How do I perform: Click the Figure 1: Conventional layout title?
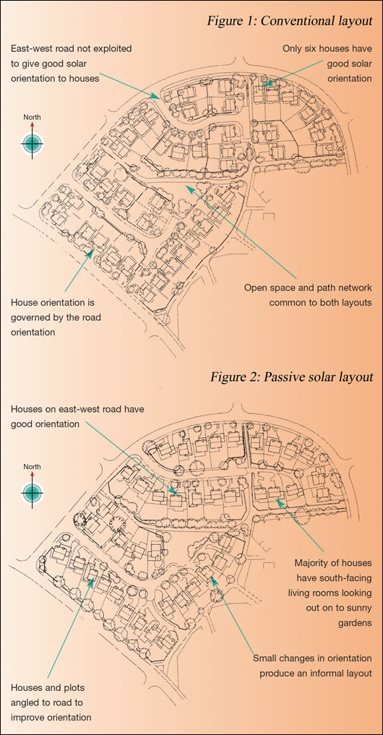click(x=289, y=21)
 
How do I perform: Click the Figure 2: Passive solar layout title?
click(x=291, y=377)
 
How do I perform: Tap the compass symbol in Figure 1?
click(x=32, y=143)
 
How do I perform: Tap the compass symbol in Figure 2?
click(x=32, y=493)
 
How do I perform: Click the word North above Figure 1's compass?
click(x=32, y=116)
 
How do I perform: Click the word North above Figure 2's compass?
click(x=32, y=466)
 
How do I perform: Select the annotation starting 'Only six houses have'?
click(x=330, y=64)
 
